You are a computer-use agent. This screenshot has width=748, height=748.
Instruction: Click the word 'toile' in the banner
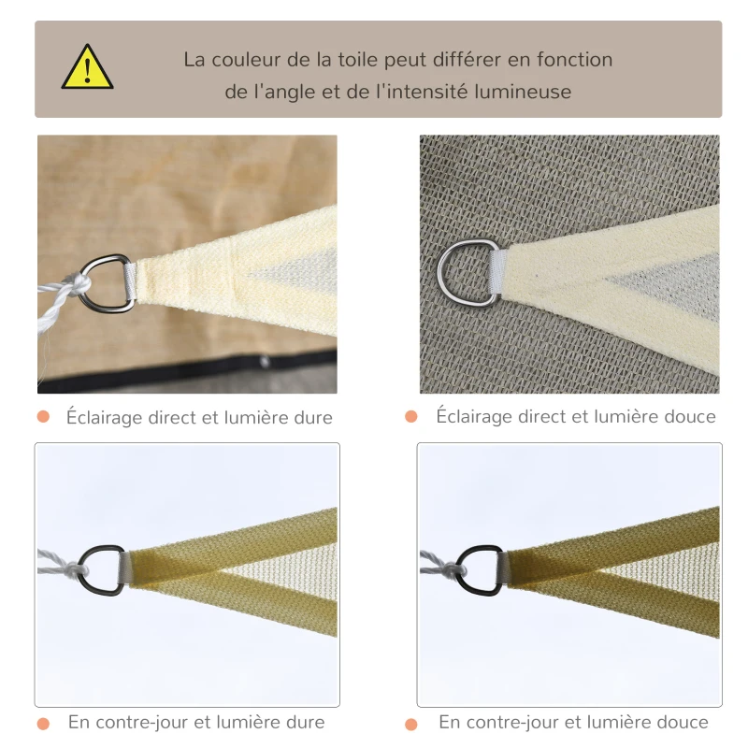(x=360, y=60)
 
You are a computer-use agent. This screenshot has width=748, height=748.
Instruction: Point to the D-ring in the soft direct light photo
(x=465, y=271)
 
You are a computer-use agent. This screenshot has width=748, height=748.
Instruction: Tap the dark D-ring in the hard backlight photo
(x=100, y=570)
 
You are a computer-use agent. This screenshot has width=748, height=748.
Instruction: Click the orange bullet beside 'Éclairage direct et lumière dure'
(x=43, y=417)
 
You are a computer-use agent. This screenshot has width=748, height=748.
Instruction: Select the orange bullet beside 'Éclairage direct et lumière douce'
(x=410, y=417)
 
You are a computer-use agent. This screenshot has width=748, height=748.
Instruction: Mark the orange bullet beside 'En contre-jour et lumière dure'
(x=43, y=724)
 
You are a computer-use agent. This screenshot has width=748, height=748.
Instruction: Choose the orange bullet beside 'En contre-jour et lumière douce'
(x=410, y=724)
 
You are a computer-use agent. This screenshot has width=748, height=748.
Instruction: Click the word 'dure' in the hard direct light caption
(x=313, y=418)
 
